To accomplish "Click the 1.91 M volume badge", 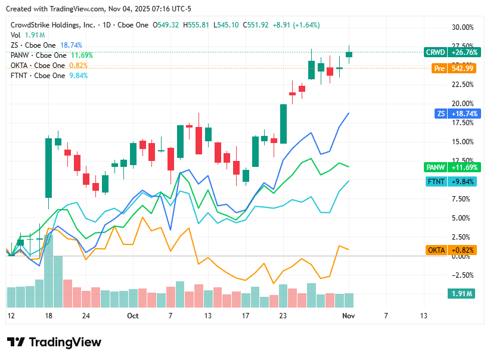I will pos(461,294).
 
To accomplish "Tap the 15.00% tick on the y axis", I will pos(463,142).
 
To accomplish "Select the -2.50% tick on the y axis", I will pos(463,275).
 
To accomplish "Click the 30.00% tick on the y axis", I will pos(463,27).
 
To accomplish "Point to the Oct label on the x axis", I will pos(132,315).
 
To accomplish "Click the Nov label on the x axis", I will pos(349,315).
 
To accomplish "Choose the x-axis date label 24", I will pos(86,315).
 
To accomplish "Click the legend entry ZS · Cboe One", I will pos(33,45).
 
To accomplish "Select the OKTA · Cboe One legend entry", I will pos(38,66).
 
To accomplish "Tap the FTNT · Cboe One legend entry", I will pos(38,76).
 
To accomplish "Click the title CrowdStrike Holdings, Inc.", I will pos(53,25).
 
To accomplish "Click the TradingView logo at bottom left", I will pos(54,342).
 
